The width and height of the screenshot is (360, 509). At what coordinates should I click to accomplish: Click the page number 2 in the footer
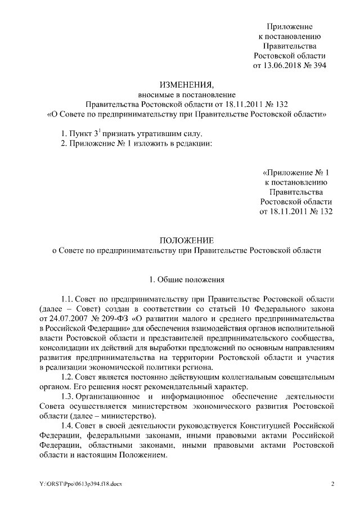click(x=332, y=484)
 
